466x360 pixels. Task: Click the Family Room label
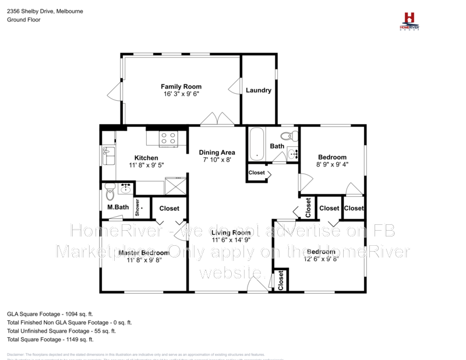[x=181, y=87]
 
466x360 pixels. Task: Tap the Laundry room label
[x=259, y=90]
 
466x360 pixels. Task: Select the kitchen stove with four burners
[x=168, y=138]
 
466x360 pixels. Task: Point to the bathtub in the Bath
[x=256, y=144]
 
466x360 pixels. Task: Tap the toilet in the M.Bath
[x=110, y=194]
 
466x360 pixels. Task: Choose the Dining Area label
[x=217, y=153]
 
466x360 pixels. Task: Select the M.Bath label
[x=118, y=207]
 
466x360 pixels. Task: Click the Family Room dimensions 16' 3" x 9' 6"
[x=181, y=94]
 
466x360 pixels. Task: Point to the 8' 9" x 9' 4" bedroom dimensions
[x=332, y=164]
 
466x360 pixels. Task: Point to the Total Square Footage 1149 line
[x=50, y=339]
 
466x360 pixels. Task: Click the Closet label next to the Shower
[x=169, y=208]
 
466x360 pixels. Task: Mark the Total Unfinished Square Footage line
[x=61, y=331]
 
